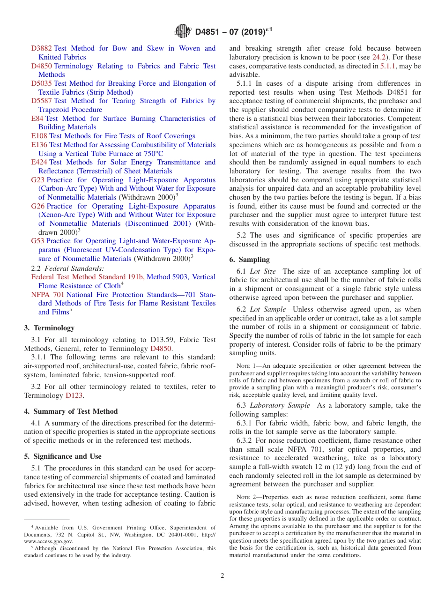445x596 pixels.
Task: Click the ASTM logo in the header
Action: coord(182,31)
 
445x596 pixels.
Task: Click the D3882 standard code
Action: coord(42,48)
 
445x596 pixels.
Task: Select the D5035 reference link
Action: coord(42,83)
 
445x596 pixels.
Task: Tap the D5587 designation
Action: coord(42,101)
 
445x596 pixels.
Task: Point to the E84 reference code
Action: coord(37,119)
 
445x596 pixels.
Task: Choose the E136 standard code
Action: coord(39,145)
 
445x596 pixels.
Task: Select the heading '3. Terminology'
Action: coord(49,328)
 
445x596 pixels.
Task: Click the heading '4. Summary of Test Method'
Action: coord(71,411)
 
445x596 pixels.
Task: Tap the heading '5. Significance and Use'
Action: coord(63,456)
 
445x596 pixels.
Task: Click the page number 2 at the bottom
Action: coord(222,576)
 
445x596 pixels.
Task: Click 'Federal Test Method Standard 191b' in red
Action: coord(88,277)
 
